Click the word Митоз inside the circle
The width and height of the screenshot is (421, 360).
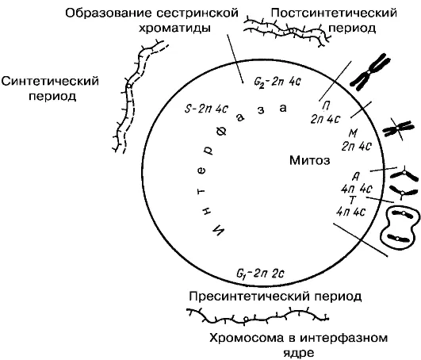point(309,160)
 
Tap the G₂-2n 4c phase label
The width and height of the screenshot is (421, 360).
point(277,82)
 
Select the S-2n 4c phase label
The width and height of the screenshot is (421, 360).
point(206,109)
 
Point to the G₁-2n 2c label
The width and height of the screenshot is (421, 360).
point(260,274)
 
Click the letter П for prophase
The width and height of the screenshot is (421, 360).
point(326,106)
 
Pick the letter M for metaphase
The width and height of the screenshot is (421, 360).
point(353,133)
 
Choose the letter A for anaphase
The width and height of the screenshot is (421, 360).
point(356,176)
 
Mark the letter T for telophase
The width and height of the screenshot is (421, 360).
point(352,200)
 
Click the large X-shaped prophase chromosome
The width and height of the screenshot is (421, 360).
point(370,71)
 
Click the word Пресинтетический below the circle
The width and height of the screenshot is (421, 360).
point(250,297)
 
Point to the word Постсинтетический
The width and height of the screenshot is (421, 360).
point(334,13)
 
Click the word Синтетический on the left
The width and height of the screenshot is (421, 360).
point(50,81)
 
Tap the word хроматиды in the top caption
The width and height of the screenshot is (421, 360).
point(174,29)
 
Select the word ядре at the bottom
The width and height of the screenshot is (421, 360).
point(299,353)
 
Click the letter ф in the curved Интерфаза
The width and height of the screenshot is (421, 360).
point(222,131)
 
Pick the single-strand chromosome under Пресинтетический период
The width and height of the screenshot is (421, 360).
point(258,316)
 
